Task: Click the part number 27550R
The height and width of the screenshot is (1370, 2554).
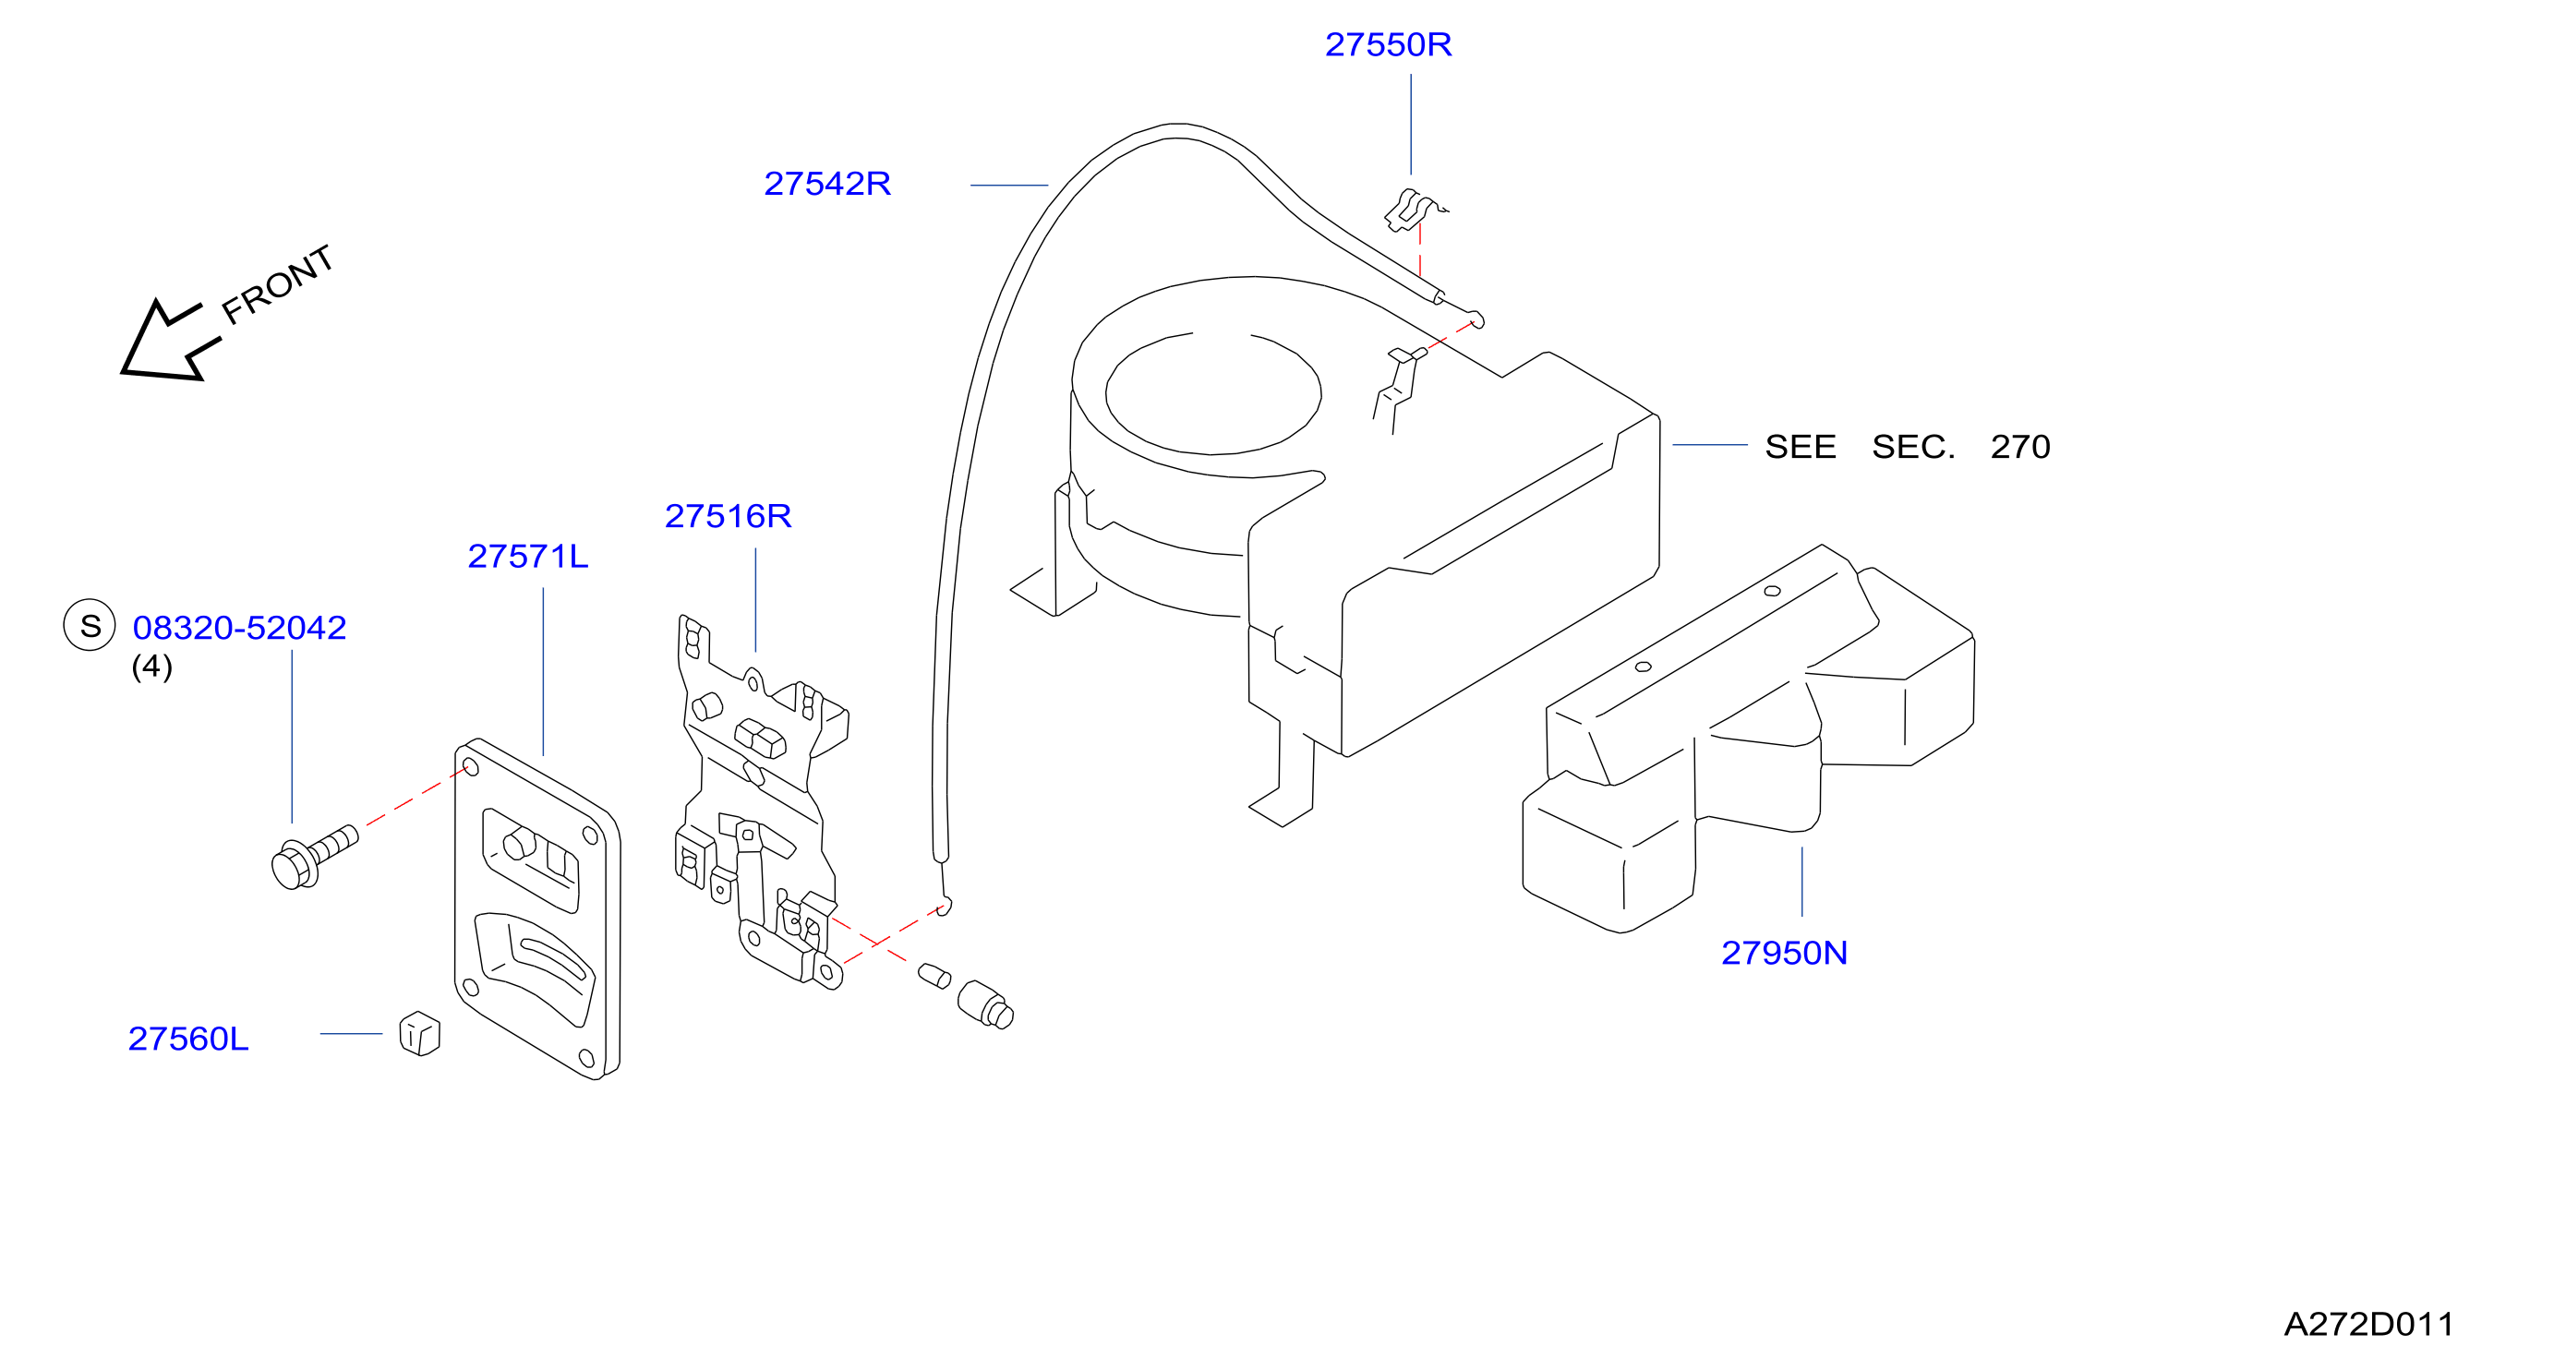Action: (x=1388, y=44)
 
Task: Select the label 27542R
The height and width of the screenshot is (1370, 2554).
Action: (x=827, y=184)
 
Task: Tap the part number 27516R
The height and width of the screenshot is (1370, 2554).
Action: (x=728, y=515)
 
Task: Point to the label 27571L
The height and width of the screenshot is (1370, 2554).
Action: (x=527, y=556)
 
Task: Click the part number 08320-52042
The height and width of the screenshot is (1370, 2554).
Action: (x=239, y=628)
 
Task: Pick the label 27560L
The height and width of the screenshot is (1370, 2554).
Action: (x=188, y=1039)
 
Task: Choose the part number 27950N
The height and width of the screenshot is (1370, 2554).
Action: (x=1784, y=953)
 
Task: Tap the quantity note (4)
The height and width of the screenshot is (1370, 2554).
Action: (x=151, y=667)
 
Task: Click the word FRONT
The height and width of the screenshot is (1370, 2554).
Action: (x=278, y=284)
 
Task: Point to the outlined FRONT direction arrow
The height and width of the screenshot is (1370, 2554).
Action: (x=170, y=340)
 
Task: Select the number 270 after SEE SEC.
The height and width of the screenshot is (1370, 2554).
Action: (x=2019, y=447)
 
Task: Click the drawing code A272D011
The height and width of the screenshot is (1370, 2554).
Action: (x=2368, y=1325)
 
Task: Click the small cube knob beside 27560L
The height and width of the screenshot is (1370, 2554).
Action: (x=419, y=1033)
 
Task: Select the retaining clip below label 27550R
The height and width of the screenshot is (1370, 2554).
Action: (x=1413, y=210)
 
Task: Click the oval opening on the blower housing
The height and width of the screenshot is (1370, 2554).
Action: (x=1212, y=393)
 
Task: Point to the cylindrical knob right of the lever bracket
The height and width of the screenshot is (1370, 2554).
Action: (x=984, y=1005)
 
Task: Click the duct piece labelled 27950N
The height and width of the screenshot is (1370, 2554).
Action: (x=1748, y=739)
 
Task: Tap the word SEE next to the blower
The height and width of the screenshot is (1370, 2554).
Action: (x=1800, y=447)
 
